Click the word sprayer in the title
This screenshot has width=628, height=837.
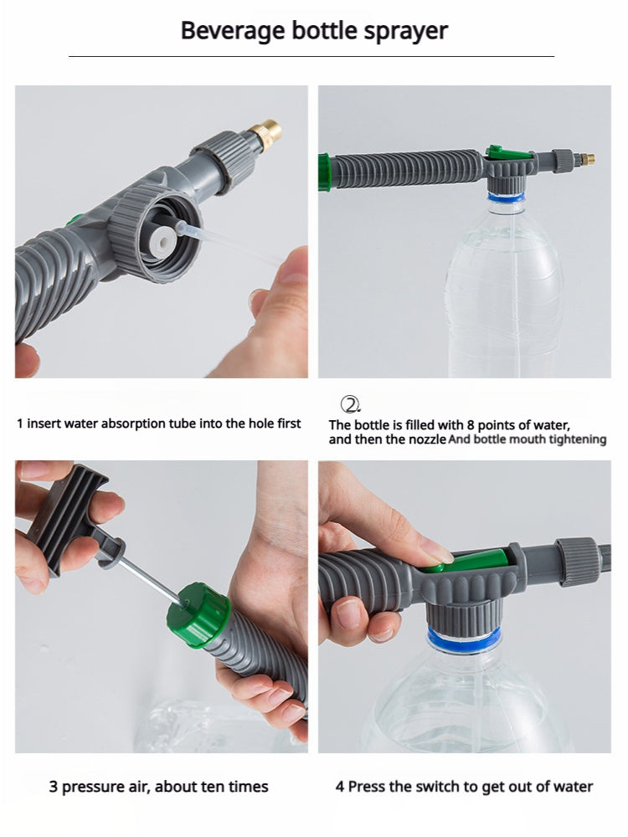click(x=406, y=31)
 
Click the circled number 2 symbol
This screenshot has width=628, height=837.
click(x=349, y=404)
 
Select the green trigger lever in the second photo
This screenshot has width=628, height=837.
click(x=507, y=153)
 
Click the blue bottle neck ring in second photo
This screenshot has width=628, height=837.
click(x=507, y=198)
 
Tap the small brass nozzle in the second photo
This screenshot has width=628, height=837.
click(x=589, y=157)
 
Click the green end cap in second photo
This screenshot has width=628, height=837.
click(x=324, y=172)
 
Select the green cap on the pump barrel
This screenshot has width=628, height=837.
click(x=198, y=615)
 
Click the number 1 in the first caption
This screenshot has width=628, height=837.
click(x=20, y=424)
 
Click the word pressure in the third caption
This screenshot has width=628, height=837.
click(x=93, y=787)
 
